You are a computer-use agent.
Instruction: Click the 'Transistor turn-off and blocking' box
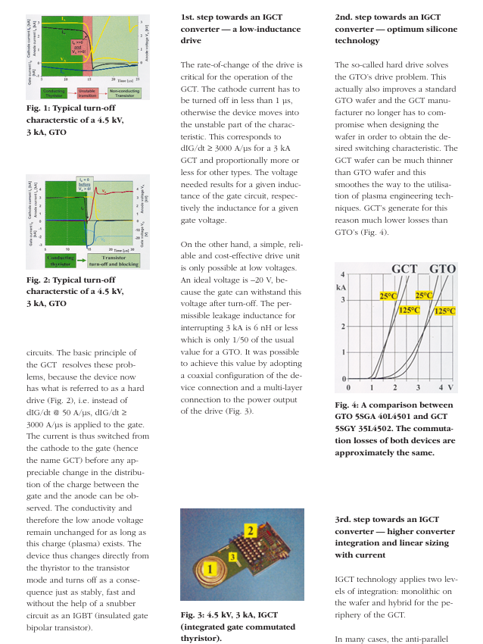[x=108, y=261]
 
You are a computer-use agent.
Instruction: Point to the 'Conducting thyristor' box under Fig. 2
[x=61, y=261]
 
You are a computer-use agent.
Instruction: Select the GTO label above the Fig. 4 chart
[x=442, y=269]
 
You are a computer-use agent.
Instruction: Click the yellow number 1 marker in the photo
[x=203, y=567]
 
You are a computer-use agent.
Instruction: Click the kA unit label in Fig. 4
[x=343, y=289]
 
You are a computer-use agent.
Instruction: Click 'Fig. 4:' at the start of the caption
[x=347, y=405]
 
